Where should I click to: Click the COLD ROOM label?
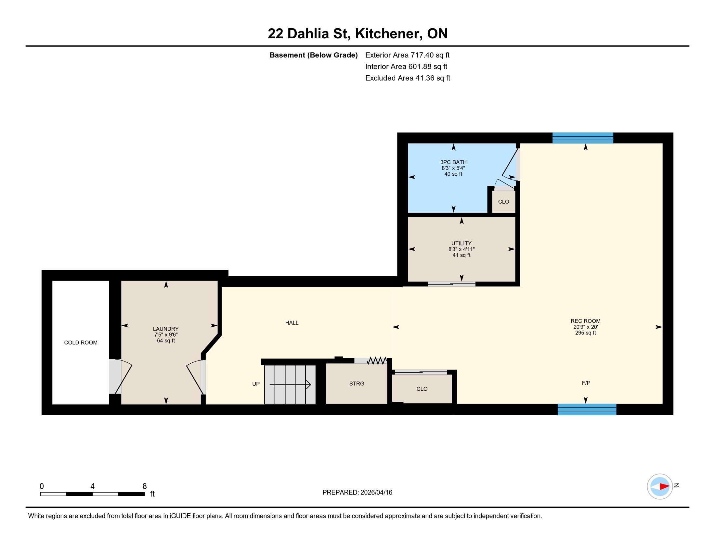[x=81, y=342]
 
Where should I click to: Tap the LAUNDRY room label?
[x=166, y=329]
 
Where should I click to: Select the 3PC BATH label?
[x=453, y=162]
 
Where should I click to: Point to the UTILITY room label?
[x=461, y=243]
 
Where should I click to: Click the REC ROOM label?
[x=586, y=321]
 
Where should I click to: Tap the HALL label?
[x=292, y=323]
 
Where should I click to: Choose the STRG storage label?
[x=357, y=383]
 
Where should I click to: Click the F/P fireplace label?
[x=586, y=383]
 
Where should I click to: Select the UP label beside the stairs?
[x=256, y=383]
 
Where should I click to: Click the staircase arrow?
[x=290, y=385]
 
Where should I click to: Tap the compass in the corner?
[x=660, y=486]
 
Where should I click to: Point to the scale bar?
[x=93, y=494]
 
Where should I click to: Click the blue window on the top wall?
[x=583, y=138]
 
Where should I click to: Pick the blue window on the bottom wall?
[x=587, y=409]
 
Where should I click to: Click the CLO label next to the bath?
[x=503, y=202]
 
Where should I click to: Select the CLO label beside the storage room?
[x=422, y=389]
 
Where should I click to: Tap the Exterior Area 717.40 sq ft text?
[x=407, y=55]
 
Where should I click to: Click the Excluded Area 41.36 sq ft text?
[x=408, y=78]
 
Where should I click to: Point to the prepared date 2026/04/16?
[x=376, y=493]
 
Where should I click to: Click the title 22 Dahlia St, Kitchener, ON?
[x=357, y=33]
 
